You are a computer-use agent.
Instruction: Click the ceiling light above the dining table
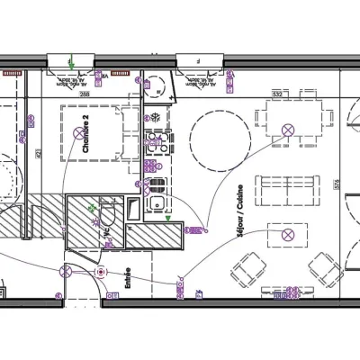[x=288, y=130]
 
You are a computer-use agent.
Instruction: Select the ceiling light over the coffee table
[x=288, y=234]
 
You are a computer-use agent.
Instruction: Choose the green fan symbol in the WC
[x=93, y=208]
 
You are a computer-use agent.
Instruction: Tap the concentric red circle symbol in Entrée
[x=101, y=272]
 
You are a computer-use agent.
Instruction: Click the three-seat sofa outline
[x=288, y=190]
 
